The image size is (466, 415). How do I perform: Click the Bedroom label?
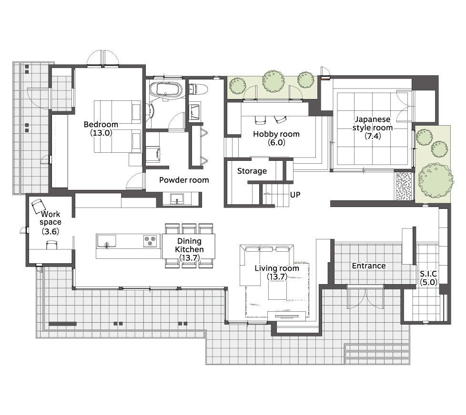(x=101, y=124)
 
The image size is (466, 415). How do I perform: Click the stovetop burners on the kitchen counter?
(x=150, y=241)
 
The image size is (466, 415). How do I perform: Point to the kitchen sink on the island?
(x=106, y=241)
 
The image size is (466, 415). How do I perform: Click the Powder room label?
(x=184, y=180)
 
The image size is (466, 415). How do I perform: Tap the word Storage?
(x=252, y=171)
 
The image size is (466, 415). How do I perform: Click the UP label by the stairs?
(x=295, y=195)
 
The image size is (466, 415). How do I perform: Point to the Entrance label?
(x=369, y=266)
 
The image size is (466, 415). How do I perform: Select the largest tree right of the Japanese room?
(x=436, y=180)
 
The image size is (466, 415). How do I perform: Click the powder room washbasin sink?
(x=177, y=198)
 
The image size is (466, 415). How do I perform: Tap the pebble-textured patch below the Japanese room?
(x=404, y=186)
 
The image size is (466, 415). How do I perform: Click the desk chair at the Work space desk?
(x=52, y=245)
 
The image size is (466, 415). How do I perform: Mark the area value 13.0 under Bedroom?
(x=101, y=133)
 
